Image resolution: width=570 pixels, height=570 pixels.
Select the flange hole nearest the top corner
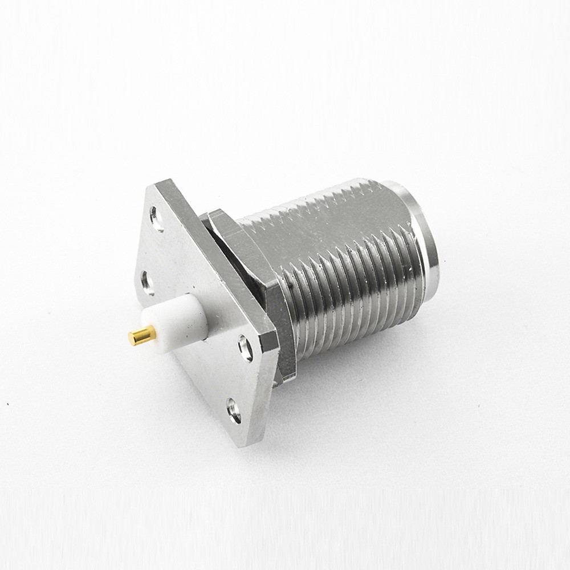(155, 215)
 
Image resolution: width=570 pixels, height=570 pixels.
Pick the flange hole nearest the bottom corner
(233, 408)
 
